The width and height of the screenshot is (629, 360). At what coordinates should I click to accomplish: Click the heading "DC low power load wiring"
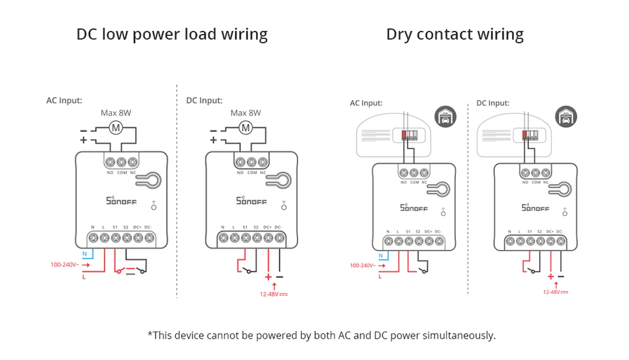172,34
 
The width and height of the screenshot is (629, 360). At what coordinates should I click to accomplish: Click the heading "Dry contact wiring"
455,34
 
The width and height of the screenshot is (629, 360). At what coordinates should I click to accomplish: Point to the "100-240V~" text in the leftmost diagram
64,264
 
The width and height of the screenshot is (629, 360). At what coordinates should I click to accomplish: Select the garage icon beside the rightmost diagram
566,117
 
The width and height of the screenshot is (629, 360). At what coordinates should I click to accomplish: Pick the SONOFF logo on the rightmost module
535,207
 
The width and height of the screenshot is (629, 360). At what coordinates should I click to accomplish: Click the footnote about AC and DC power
321,335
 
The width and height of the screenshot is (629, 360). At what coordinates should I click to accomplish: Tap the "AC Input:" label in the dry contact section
366,103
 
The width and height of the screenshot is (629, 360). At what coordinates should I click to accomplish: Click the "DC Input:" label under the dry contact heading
493,103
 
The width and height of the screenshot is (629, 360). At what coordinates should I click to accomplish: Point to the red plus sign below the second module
269,277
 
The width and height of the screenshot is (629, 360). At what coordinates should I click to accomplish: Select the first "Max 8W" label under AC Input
116,113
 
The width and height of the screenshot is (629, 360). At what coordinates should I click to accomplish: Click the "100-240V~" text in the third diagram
363,266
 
